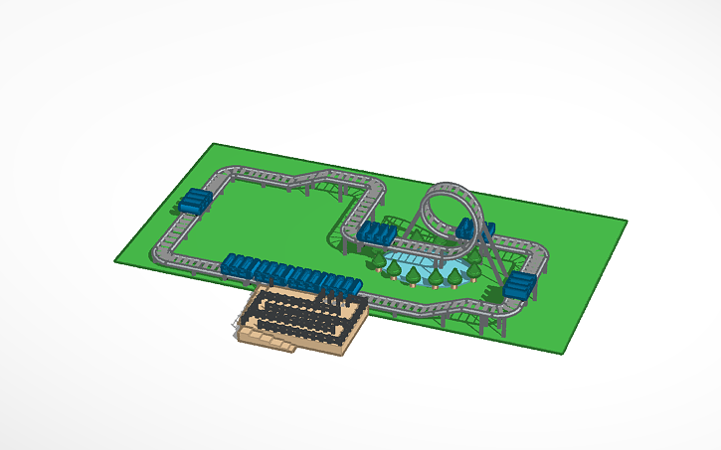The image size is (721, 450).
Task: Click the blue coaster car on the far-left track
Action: [195, 200]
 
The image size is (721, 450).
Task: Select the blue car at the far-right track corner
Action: [519, 285]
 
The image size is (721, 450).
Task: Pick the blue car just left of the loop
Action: [378, 232]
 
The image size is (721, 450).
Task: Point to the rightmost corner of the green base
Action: [627, 221]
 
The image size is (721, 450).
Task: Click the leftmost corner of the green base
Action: [115, 260]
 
